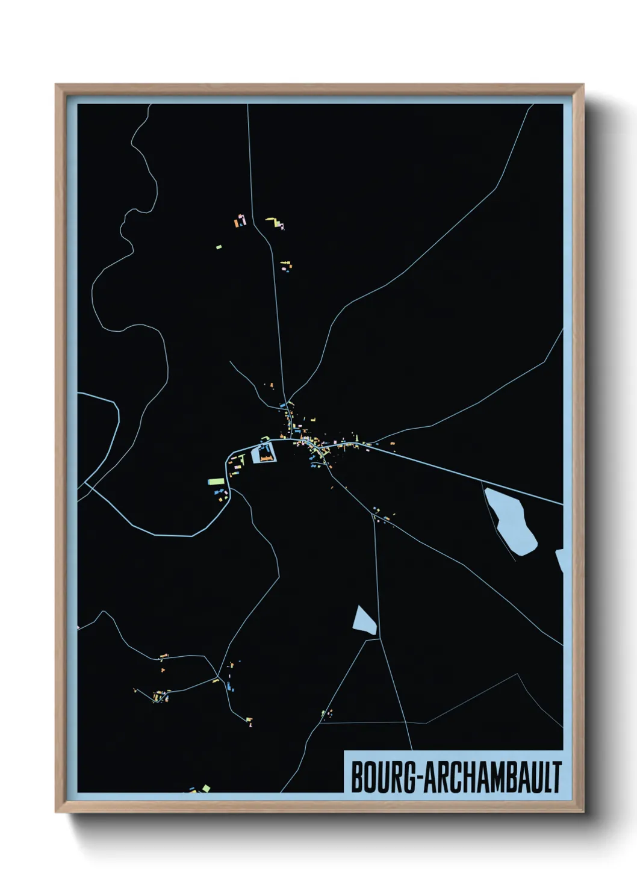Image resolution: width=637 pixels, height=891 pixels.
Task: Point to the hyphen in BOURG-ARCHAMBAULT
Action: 419,778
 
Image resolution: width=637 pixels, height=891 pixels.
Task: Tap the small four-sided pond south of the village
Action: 365,621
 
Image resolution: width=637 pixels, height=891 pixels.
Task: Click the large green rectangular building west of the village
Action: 216,481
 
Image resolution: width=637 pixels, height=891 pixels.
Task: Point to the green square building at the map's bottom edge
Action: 206,787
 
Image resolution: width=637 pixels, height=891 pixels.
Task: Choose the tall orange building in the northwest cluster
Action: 237,223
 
